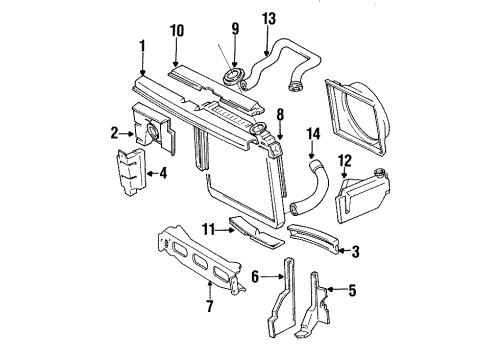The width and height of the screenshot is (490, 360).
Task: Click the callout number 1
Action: (141, 46)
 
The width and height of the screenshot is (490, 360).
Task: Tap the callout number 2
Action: (114, 130)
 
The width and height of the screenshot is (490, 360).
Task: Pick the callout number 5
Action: (352, 291)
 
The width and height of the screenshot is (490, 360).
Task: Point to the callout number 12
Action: (346, 161)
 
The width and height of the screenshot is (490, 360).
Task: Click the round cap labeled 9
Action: (237, 73)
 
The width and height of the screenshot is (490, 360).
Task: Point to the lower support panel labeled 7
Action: (194, 270)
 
